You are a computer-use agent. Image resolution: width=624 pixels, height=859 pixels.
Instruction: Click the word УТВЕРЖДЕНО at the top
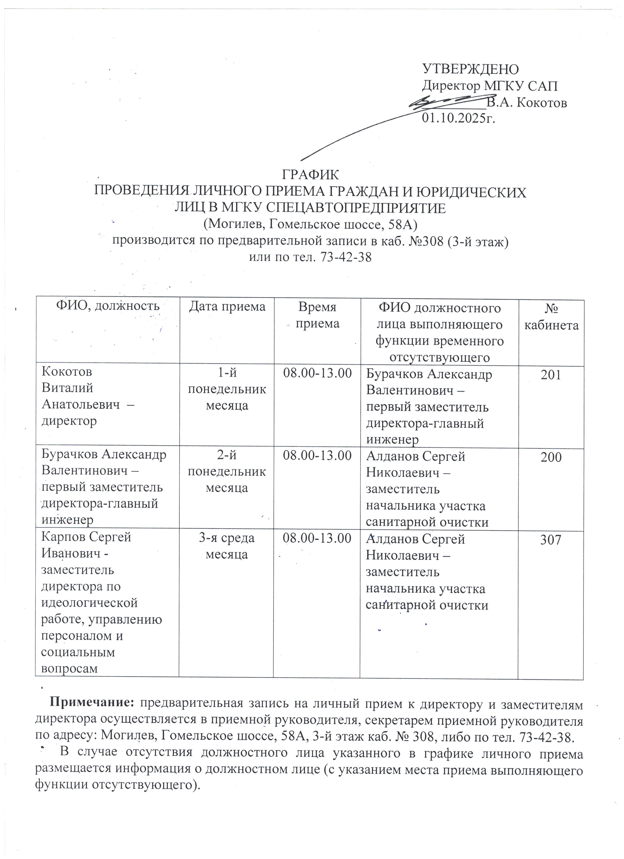pos(470,69)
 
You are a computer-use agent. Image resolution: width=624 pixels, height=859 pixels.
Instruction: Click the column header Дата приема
pos(227,306)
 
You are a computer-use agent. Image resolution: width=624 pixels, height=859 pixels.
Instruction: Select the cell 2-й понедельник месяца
pos(227,472)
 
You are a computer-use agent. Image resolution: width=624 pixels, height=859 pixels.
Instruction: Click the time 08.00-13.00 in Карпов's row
pos(317,538)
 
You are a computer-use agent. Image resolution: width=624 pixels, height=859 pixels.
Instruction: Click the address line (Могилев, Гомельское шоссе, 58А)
pos(310,225)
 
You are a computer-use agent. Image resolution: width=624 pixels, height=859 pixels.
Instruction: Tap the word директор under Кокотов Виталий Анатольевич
pos(69,421)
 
